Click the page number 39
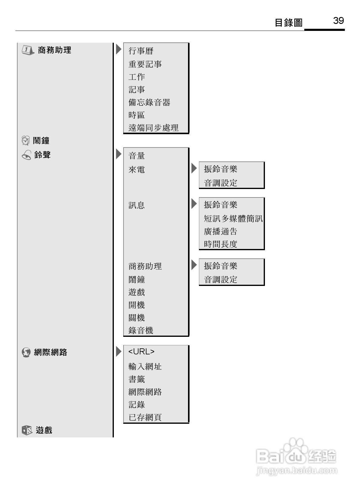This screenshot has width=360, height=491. [339, 21]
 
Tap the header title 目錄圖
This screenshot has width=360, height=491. [288, 23]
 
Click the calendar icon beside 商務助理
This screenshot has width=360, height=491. [28, 50]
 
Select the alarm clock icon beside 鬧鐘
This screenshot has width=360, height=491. [26, 141]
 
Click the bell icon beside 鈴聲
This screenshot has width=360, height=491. [27, 155]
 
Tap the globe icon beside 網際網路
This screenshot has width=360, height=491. [26, 352]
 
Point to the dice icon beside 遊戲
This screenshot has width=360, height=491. [27, 430]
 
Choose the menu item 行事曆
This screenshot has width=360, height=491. [141, 51]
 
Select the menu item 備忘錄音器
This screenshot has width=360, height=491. [149, 102]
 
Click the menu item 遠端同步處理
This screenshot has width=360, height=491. [153, 128]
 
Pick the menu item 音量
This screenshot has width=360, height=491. [137, 156]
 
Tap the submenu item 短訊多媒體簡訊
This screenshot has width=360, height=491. [233, 218]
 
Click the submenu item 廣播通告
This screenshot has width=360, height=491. [220, 231]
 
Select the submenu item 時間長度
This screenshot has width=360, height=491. [220, 244]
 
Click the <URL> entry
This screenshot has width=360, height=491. [141, 352]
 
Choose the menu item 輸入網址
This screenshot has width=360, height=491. [145, 367]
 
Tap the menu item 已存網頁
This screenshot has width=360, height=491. [145, 417]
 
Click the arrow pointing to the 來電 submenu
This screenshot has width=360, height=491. [194, 168]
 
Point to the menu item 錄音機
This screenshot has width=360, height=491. [141, 330]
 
